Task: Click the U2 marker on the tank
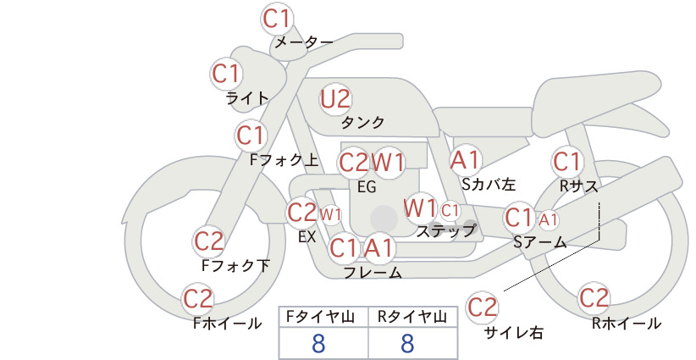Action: (x=335, y=99)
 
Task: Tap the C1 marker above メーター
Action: (x=276, y=19)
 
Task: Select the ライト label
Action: (x=247, y=98)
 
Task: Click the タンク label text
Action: (x=362, y=122)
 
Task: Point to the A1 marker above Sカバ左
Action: (x=465, y=160)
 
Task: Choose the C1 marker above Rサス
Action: (x=566, y=162)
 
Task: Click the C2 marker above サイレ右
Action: (x=482, y=307)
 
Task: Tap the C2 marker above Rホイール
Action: (x=594, y=298)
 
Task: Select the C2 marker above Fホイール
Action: (x=198, y=299)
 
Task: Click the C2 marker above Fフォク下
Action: (x=209, y=241)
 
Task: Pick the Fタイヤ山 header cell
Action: (x=323, y=317)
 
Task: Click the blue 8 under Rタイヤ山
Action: (x=407, y=343)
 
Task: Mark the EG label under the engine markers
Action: (x=367, y=187)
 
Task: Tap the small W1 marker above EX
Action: (x=331, y=215)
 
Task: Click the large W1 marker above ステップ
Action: (x=420, y=208)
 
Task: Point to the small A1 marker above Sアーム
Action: (x=548, y=219)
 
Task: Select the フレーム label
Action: (x=373, y=272)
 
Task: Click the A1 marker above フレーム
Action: (x=379, y=247)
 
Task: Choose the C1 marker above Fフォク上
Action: (x=251, y=136)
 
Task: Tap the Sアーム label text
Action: (x=540, y=241)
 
